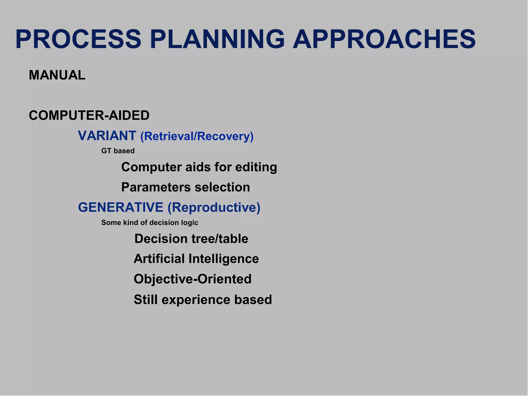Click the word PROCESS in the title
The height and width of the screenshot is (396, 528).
(78, 39)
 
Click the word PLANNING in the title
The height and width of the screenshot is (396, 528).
(217, 39)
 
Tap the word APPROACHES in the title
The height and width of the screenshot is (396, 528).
(384, 39)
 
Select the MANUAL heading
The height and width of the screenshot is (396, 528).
(57, 75)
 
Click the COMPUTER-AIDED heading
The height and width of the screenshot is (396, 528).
(89, 115)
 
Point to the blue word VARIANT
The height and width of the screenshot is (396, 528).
(107, 136)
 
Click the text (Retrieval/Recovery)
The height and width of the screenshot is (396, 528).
(197, 136)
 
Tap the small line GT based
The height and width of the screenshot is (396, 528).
(118, 151)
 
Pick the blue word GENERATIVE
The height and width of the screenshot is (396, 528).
(121, 207)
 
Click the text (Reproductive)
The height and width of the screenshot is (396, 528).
(214, 208)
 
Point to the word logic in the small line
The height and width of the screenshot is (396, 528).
(190, 223)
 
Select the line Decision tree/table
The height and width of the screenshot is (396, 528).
(191, 239)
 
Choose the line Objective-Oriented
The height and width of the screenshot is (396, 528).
(192, 279)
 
